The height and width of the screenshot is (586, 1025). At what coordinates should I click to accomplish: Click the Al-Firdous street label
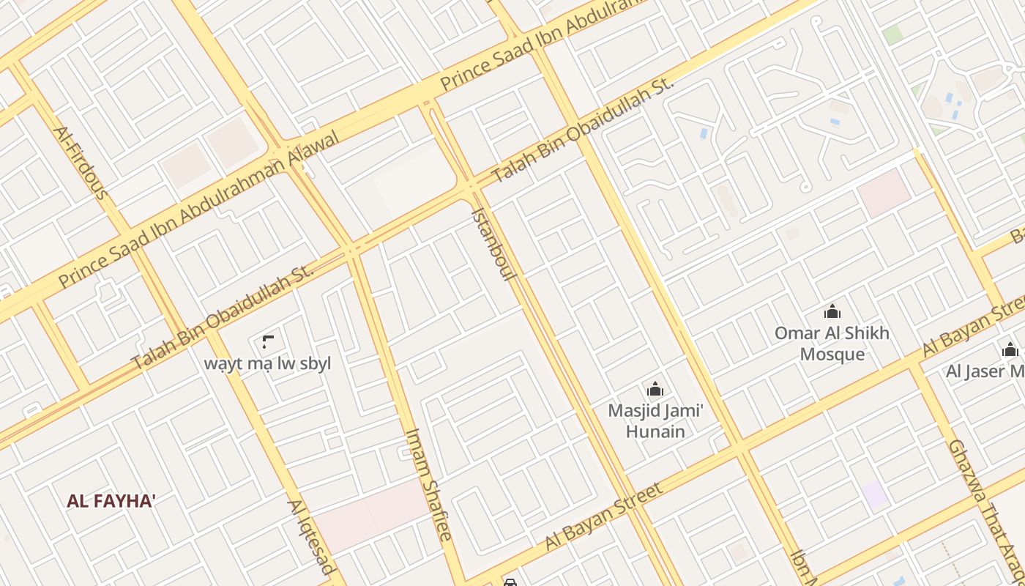coord(81,163)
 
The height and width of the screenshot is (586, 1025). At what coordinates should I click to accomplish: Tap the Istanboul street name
coord(494,244)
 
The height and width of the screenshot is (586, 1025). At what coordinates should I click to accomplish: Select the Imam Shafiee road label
coord(428,484)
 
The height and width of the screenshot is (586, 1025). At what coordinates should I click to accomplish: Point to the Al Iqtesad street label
coord(311,537)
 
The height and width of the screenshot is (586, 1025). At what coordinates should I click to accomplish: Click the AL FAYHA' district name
coord(111,502)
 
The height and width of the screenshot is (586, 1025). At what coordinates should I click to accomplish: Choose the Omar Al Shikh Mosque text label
coord(832,344)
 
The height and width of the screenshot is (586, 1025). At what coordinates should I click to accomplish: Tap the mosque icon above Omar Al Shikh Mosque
coord(832,312)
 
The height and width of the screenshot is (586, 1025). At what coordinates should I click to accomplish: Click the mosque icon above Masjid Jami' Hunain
coord(655,389)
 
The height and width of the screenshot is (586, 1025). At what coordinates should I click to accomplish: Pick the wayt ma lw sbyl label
coord(267,363)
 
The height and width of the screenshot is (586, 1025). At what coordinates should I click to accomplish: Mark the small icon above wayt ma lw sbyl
coord(268,341)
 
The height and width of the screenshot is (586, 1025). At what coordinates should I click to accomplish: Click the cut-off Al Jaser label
coord(985,371)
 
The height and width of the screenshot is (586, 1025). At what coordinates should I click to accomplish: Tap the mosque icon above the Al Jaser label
coord(1010,350)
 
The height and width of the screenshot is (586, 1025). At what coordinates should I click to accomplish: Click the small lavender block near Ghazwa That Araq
coord(874,495)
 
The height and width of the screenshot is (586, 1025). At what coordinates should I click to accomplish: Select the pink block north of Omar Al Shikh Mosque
coord(884,193)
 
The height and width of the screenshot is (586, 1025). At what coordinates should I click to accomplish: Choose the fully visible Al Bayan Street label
coord(604,516)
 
